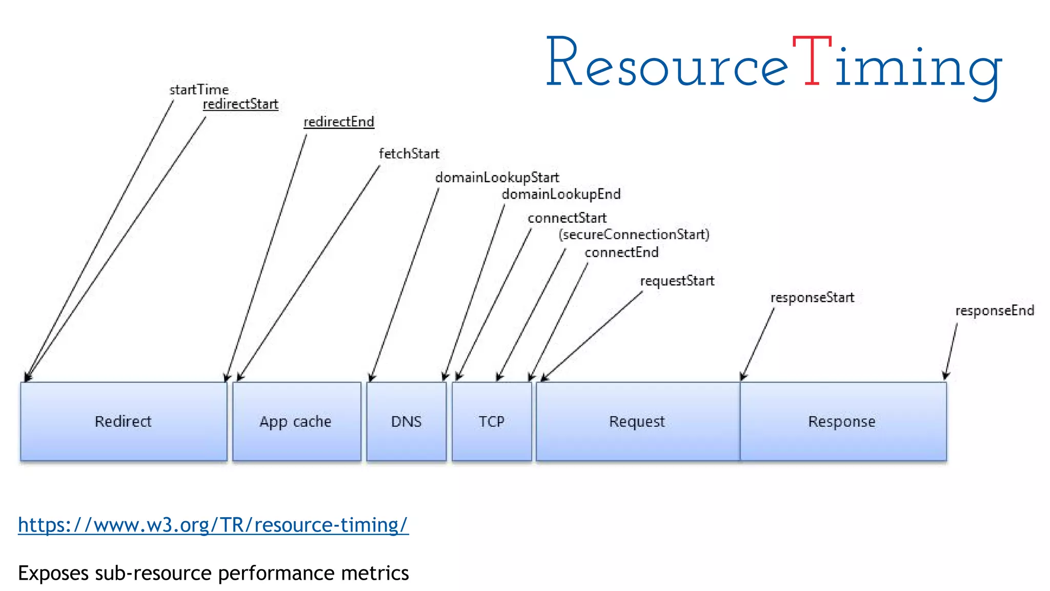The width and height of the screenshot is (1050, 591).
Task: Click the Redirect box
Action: click(x=124, y=421)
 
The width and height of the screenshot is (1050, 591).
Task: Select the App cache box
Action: click(x=296, y=421)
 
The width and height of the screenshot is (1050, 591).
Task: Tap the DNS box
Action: click(x=406, y=421)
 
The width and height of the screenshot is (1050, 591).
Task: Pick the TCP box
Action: click(x=492, y=421)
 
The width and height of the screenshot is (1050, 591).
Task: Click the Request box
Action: click(x=637, y=421)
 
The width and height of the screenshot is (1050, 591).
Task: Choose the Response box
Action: click(x=842, y=421)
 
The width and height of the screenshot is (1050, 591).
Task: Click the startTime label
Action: click(x=199, y=90)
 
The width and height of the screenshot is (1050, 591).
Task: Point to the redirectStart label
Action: click(x=240, y=104)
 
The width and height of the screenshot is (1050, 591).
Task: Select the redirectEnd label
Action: click(x=339, y=122)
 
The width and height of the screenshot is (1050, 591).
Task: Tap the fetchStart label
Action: click(x=409, y=153)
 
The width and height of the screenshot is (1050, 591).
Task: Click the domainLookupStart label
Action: click(x=497, y=178)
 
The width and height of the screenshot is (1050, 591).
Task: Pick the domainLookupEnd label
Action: click(x=561, y=194)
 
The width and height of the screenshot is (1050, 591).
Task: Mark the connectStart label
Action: click(x=567, y=218)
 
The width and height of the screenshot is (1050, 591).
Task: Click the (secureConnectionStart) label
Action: click(x=634, y=234)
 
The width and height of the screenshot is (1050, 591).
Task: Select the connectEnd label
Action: click(x=621, y=252)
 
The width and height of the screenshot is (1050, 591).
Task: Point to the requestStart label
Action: click(x=677, y=281)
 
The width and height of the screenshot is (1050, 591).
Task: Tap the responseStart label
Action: click(x=812, y=298)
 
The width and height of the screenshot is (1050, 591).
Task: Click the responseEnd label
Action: click(x=995, y=310)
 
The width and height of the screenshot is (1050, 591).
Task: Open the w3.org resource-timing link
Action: click(x=213, y=525)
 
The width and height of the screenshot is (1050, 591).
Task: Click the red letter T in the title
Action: click(x=812, y=62)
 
